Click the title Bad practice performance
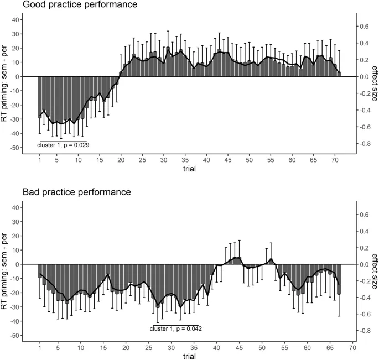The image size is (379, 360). point(77,192)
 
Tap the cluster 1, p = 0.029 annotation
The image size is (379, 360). point(64,144)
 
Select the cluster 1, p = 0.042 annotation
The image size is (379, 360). point(176,328)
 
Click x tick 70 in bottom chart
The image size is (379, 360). point(352,347)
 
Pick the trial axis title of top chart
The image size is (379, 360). point(189,169)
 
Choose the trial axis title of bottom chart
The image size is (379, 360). point(189,356)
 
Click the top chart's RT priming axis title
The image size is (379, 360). point(6,76)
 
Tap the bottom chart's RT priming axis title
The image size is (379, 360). point(6,264)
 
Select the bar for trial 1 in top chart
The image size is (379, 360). point(40,97)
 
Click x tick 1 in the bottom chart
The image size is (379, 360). point(40,347)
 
